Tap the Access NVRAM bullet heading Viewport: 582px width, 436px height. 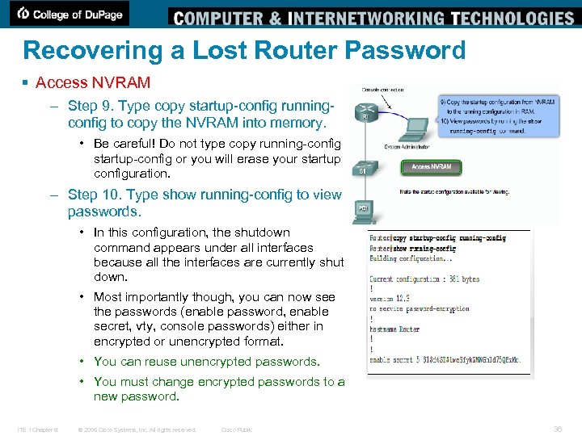click(93, 82)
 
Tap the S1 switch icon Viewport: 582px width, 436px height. click(364, 169)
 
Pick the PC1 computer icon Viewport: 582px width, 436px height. click(364, 211)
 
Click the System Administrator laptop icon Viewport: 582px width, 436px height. click(416, 128)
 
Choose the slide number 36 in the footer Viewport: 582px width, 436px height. click(557, 429)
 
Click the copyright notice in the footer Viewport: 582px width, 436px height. click(137, 430)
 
